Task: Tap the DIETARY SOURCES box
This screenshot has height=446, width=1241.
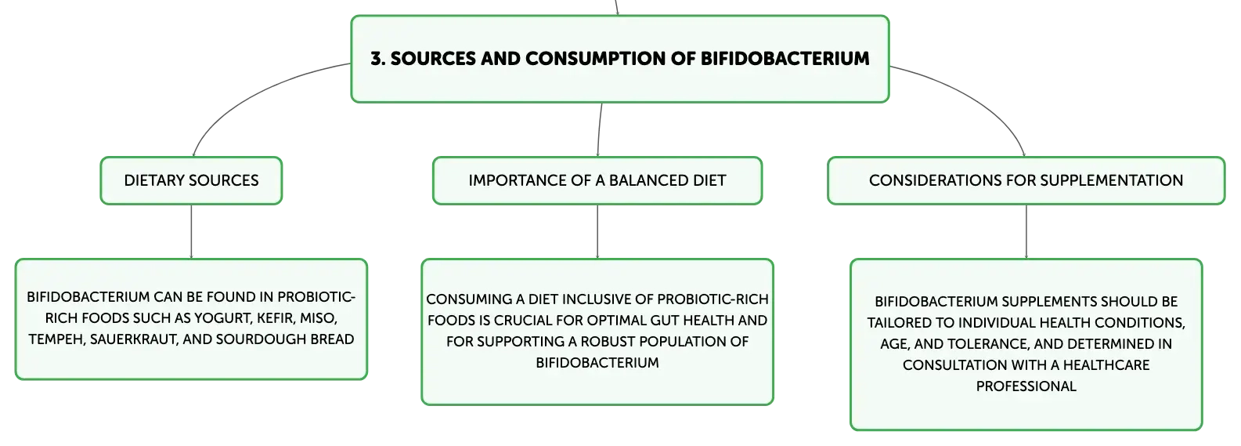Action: [x=191, y=181]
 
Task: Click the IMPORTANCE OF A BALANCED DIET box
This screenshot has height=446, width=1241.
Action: [x=597, y=181]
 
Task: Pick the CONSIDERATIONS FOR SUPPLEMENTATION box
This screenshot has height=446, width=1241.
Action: [x=1026, y=181]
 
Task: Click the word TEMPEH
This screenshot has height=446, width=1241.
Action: [x=57, y=339]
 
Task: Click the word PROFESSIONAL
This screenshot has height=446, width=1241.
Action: [x=1026, y=386]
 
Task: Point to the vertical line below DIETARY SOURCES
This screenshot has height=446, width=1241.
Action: [x=191, y=231]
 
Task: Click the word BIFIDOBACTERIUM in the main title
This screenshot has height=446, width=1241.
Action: [x=785, y=59]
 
